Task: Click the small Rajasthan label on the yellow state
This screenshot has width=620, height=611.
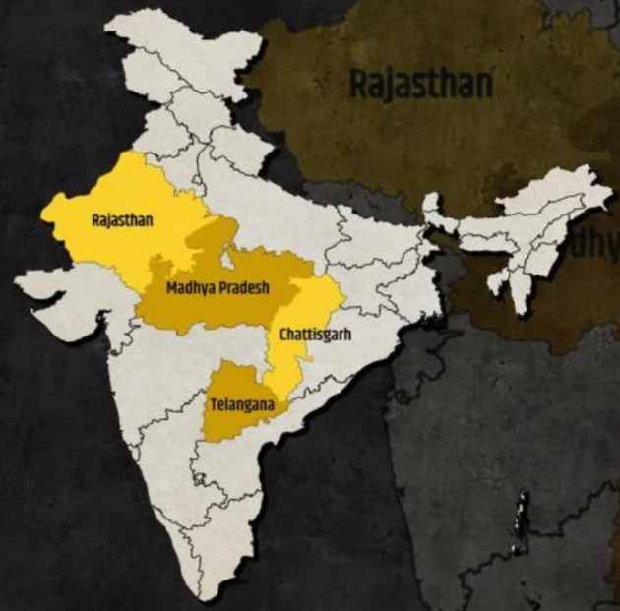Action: (122, 220)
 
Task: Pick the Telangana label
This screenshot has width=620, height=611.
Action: (241, 403)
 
